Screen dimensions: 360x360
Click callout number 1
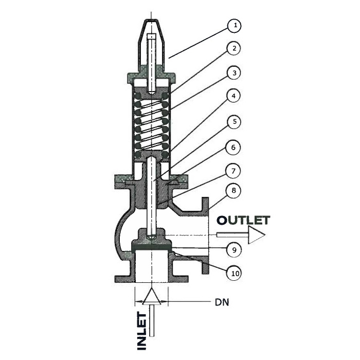coord(235,25)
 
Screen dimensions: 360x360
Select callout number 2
coord(233,49)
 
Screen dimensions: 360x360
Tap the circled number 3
coord(233,73)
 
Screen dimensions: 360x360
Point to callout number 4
coord(233,96)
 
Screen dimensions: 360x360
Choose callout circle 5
coord(233,122)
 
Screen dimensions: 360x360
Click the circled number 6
coord(233,147)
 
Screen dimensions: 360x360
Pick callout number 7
coord(233,171)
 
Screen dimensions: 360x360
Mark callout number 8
coord(233,191)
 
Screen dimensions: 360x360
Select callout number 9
coord(233,249)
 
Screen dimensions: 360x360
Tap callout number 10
coord(234,274)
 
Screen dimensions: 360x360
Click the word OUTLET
coord(244,220)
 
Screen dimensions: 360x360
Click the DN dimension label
coord(222,302)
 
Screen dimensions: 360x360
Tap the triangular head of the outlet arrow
coord(257,235)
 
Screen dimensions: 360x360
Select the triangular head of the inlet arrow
coord(151,296)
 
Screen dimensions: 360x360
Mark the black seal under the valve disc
coord(151,247)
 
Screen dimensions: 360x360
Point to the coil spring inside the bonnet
coord(151,125)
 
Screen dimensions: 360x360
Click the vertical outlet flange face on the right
coord(205,236)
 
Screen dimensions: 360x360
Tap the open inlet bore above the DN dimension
coord(151,266)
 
